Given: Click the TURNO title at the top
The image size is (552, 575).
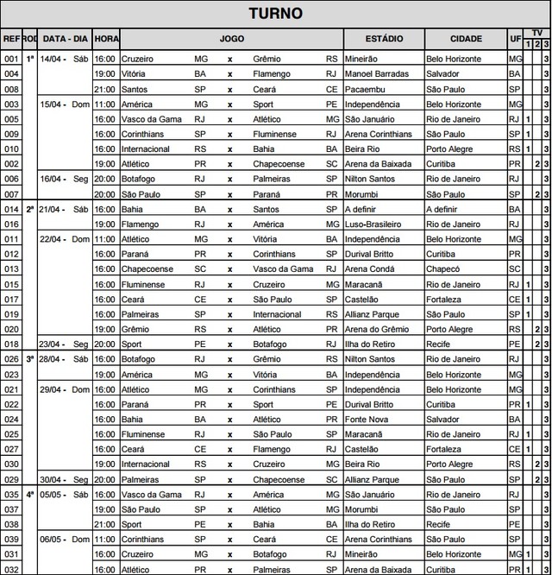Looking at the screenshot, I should (276, 13).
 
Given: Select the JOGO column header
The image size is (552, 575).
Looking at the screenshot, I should (232, 40).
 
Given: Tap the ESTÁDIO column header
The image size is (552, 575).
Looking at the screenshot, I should (384, 40).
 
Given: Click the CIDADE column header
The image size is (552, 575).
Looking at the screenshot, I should (466, 40).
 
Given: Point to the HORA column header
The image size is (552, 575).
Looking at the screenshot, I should (107, 40).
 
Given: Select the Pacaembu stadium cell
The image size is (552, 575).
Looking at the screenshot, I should (366, 89).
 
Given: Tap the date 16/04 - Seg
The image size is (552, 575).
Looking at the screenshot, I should (65, 179).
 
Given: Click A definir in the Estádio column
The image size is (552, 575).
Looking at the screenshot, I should (363, 209).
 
